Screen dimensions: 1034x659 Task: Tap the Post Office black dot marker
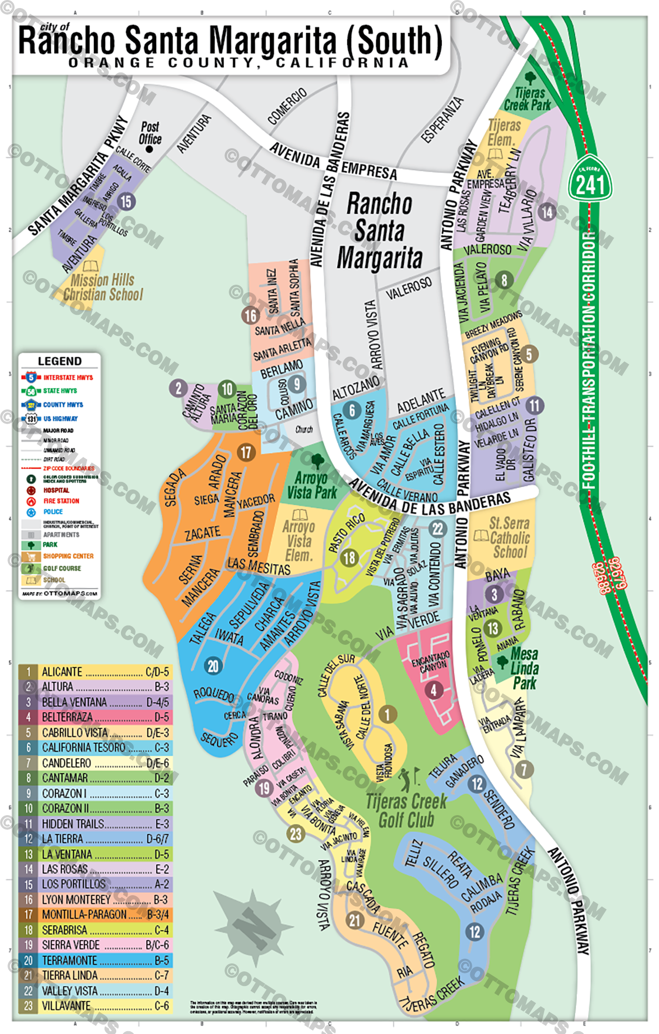[149, 149]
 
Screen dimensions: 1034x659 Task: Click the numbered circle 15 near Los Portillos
[126, 201]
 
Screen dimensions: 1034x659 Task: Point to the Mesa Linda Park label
[524, 668]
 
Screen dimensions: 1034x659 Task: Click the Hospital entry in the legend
[56, 490]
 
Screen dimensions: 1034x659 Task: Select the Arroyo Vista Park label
[312, 485]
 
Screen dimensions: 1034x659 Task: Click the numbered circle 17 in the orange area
[246, 452]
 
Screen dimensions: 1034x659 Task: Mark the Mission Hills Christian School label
[103, 287]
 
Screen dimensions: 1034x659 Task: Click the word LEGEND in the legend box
[60, 361]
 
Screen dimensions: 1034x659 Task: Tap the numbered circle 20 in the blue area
[213, 666]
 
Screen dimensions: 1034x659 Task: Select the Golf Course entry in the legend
[62, 569]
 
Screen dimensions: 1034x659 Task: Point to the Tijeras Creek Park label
[528, 99]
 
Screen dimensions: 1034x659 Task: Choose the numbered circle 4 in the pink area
[434, 690]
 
